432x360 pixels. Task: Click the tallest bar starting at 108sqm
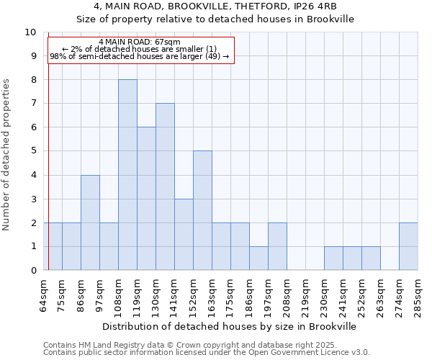tap(127, 175)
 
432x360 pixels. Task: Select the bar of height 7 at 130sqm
tap(165, 186)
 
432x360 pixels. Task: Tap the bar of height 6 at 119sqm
tap(146, 199)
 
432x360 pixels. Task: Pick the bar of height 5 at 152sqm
tap(202, 210)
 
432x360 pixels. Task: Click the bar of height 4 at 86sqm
tap(90, 222)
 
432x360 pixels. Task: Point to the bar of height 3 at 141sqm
tap(184, 234)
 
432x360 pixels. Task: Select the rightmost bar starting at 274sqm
tap(408, 246)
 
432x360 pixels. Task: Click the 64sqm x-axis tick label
tap(44, 293)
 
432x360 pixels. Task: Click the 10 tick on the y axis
tap(30, 32)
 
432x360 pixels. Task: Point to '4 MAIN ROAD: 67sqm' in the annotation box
tap(140, 42)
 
